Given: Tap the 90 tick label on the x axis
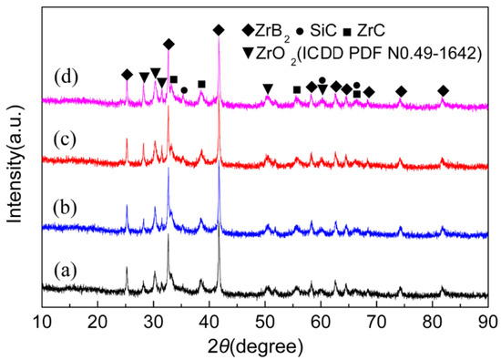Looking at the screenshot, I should click(487, 322).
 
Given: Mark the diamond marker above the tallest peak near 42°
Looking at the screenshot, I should click(218, 30).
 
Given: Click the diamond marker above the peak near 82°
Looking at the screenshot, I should click(443, 91).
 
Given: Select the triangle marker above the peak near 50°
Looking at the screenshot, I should click(267, 88).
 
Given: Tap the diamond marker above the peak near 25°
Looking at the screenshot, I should click(127, 75).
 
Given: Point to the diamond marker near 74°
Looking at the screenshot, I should click(401, 91).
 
